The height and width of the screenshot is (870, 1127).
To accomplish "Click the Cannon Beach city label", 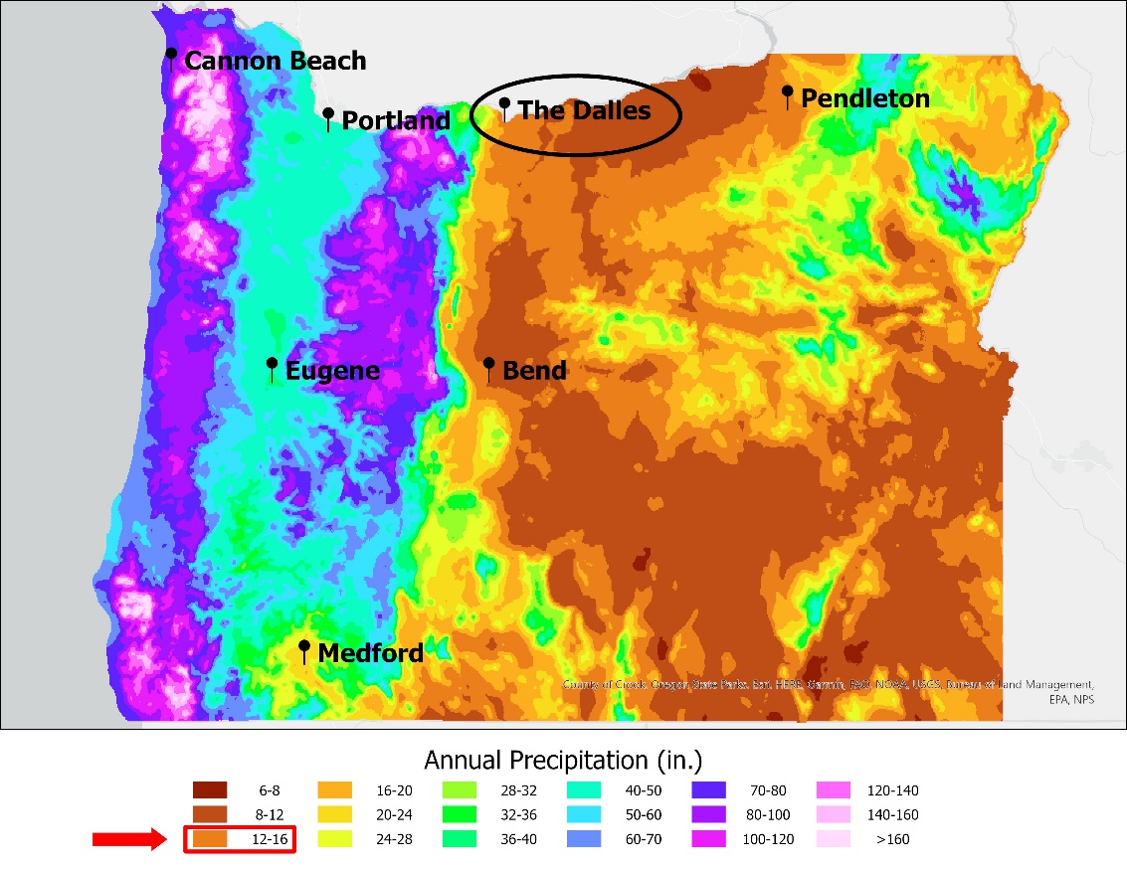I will [276, 61].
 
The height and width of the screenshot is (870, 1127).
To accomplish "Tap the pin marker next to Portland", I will [328, 118].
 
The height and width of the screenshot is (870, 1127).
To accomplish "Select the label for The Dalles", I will [584, 110].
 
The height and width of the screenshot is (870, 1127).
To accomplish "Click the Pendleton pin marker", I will [787, 96].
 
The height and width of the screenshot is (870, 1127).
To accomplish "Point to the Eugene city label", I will [332, 371].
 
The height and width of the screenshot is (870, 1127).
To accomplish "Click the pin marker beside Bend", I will [488, 369].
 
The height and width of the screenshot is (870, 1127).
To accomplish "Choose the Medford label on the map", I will [370, 653].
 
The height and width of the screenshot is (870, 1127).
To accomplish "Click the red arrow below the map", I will [128, 840].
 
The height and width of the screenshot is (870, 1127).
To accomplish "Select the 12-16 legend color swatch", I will [210, 839].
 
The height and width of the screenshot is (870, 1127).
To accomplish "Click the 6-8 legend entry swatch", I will [210, 790].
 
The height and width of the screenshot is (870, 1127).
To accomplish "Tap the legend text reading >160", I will [892, 839].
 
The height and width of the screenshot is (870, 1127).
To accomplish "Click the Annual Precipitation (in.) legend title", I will [563, 761].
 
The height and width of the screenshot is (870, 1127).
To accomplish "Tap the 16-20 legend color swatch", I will [334, 790].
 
